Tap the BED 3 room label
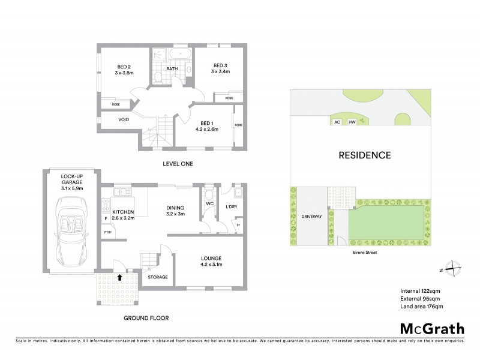(220, 68)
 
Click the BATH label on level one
(172, 69)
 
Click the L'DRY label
(231, 208)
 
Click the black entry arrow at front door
(121, 278)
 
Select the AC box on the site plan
(337, 122)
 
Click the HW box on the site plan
(352, 122)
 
